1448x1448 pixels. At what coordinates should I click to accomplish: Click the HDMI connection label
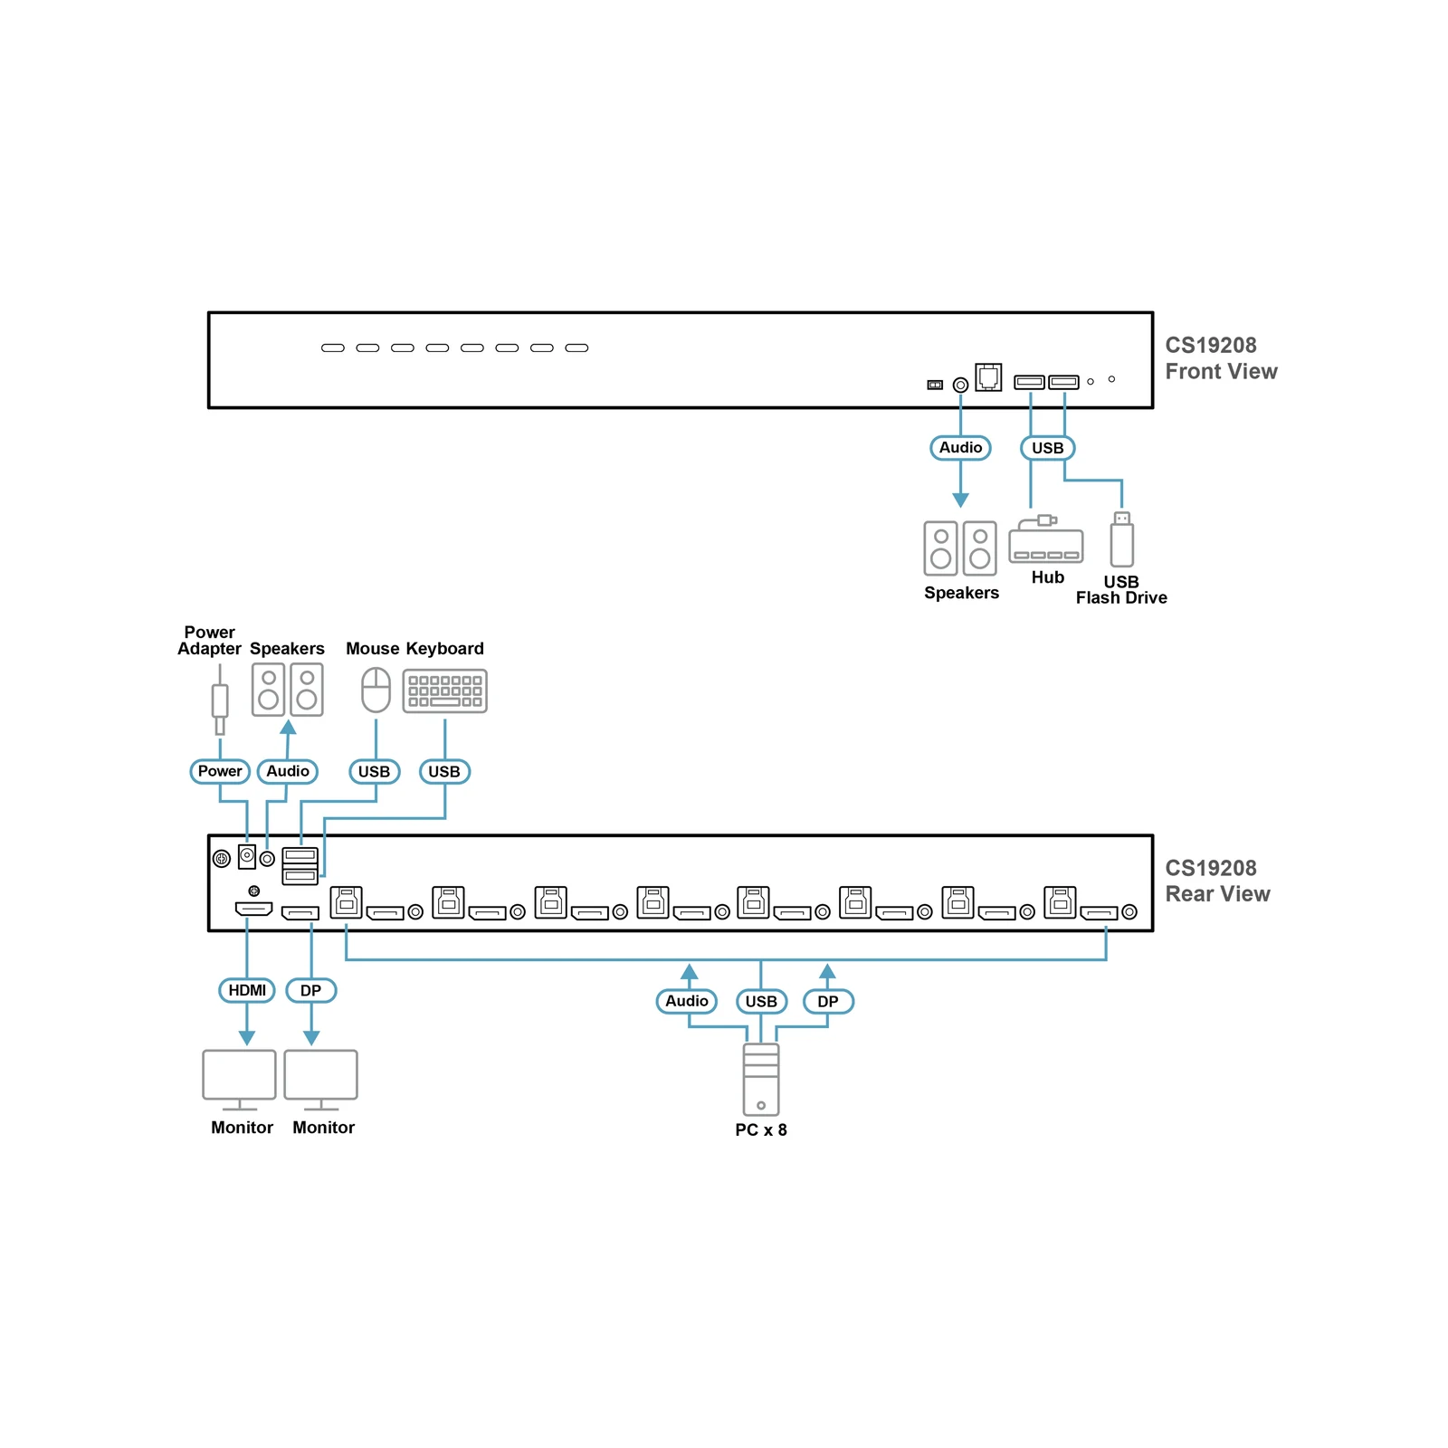click(x=247, y=990)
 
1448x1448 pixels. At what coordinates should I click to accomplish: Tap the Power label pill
click(x=220, y=771)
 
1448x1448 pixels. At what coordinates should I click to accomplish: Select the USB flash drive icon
click(x=1122, y=538)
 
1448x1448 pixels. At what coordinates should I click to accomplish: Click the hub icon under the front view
click(x=1046, y=539)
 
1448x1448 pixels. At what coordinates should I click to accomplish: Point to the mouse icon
click(x=376, y=691)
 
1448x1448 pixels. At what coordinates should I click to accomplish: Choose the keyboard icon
click(x=445, y=691)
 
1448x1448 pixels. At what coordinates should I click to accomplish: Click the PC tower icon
click(x=761, y=1080)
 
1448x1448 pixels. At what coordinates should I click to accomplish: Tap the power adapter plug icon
click(x=220, y=700)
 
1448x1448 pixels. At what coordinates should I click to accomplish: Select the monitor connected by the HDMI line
click(x=240, y=1080)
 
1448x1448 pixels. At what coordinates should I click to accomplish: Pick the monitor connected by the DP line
click(x=321, y=1080)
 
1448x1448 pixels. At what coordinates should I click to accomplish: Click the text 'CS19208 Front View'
click(x=1221, y=358)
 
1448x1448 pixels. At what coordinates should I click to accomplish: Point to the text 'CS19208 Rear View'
click(x=1217, y=881)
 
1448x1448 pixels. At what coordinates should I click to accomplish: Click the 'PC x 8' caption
click(x=761, y=1129)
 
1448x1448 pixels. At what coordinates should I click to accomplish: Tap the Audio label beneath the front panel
click(x=961, y=448)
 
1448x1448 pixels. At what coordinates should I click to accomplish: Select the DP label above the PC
click(x=828, y=1002)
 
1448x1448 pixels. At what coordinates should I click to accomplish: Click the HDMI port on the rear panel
click(x=253, y=909)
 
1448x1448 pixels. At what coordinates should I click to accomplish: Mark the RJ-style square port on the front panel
click(x=988, y=376)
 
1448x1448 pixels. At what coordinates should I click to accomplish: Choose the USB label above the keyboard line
click(x=444, y=772)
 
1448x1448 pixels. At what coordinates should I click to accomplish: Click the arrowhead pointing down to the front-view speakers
click(x=961, y=500)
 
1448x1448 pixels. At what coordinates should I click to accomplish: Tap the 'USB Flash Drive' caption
click(x=1121, y=590)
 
